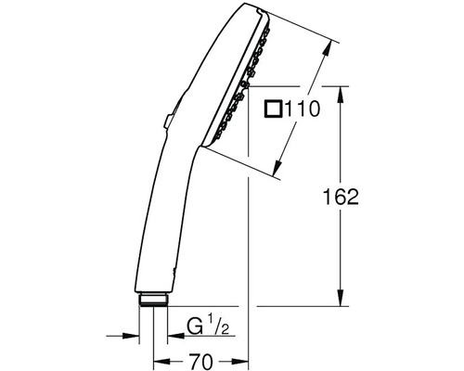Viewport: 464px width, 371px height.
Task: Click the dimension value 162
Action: [341, 197]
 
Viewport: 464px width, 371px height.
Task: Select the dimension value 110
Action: [302, 109]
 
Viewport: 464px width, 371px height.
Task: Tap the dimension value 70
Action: [200, 361]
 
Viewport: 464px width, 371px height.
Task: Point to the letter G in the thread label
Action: [195, 326]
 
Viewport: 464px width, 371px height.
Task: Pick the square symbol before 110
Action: [273, 109]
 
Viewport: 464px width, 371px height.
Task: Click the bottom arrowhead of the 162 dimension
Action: [341, 298]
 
